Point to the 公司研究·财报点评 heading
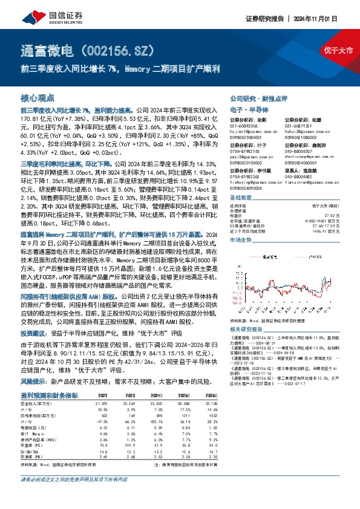250,97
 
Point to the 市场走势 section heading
241,240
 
